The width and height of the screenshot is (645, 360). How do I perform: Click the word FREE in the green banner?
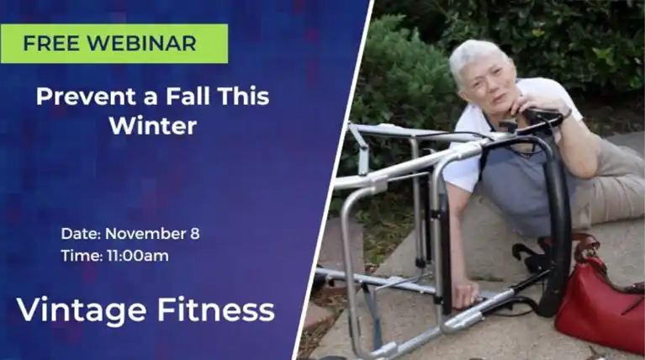[51, 44]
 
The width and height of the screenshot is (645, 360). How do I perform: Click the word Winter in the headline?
[152, 126]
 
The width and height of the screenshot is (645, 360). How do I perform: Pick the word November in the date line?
[145, 234]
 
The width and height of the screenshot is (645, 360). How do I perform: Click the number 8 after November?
[195, 234]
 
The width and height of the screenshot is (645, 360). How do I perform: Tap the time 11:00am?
[137, 256]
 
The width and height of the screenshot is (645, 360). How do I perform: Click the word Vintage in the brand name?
[82, 311]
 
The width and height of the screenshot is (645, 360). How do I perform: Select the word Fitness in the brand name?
[216, 310]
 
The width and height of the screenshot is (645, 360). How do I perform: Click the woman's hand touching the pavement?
[464, 294]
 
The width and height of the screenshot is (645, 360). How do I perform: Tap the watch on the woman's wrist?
[568, 114]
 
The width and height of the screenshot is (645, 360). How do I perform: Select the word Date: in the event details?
[81, 234]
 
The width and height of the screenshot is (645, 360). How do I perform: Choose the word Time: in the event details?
[82, 256]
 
